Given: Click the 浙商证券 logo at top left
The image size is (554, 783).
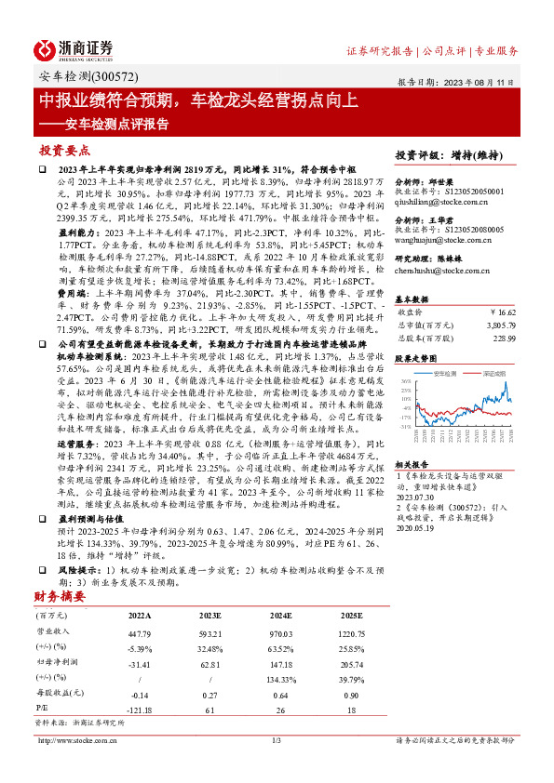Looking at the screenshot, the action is click(x=73, y=49).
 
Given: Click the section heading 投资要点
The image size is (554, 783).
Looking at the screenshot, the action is click(x=64, y=150).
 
